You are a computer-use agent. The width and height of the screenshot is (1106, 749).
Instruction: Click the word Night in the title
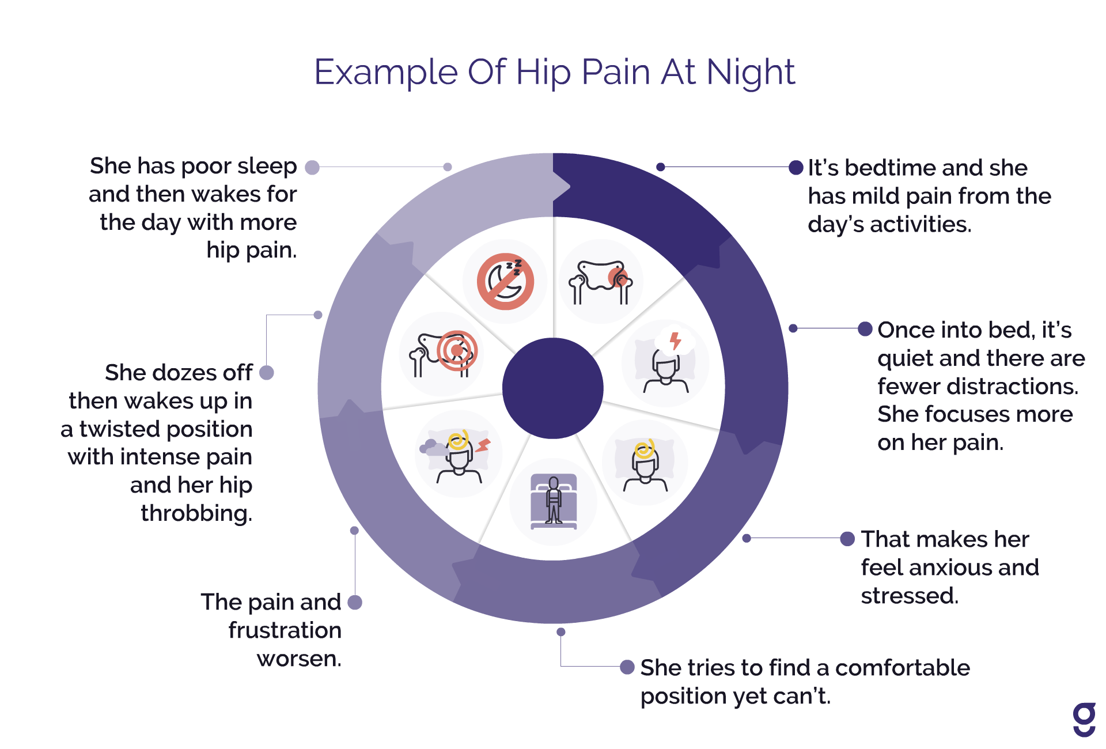coord(750,73)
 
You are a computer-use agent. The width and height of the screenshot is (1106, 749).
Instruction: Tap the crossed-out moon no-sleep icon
coord(505,281)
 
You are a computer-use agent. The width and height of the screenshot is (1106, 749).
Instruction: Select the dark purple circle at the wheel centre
coord(553,388)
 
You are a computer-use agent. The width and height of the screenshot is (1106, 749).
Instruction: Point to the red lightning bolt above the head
coord(675,341)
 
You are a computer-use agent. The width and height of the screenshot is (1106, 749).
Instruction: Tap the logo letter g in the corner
coord(1084,720)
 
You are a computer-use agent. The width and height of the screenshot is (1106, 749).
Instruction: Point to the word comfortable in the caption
coord(902,668)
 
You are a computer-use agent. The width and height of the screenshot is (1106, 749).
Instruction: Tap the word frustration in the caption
coord(285,630)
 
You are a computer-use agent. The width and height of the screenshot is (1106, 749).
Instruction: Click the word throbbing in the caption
coord(196,513)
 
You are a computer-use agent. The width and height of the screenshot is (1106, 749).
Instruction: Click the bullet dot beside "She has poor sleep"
coord(312,167)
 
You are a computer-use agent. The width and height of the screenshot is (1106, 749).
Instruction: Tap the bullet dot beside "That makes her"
coord(847,539)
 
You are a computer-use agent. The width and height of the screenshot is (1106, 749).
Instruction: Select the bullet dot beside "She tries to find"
coord(627,667)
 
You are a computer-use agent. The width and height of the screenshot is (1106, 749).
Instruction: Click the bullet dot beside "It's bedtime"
coord(796,168)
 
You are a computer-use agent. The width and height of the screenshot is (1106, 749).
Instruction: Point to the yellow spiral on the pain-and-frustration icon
coord(459,441)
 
